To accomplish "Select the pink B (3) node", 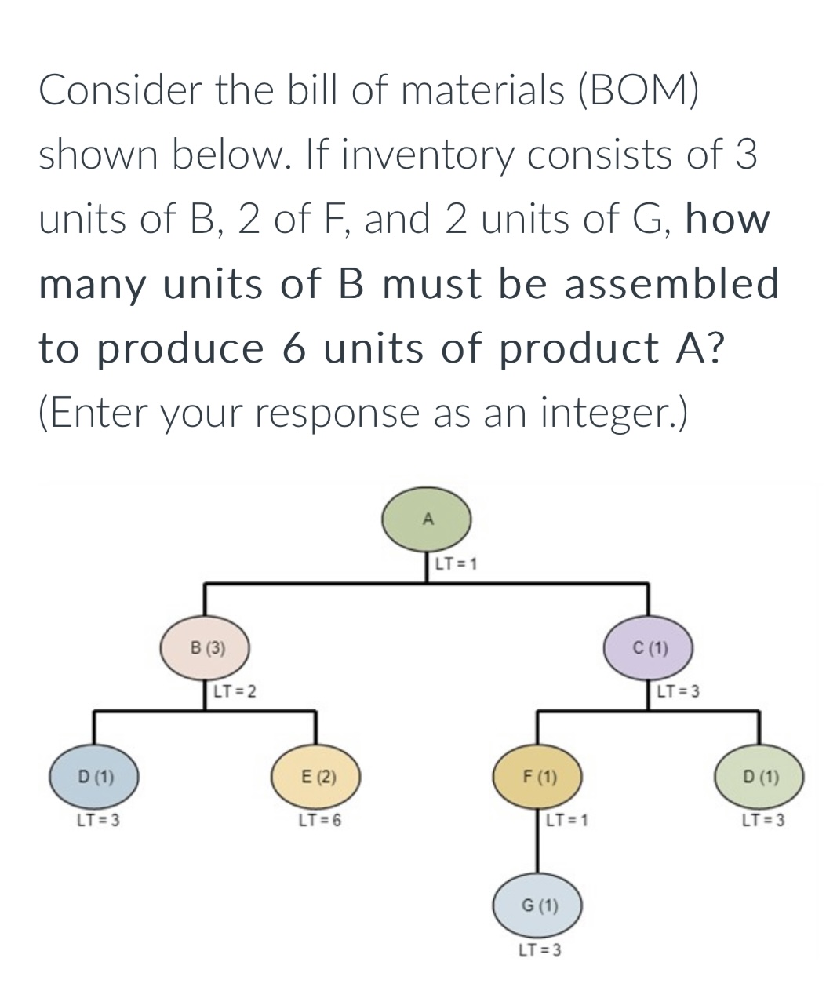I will tap(206, 648).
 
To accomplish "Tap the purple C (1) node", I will tap(649, 648).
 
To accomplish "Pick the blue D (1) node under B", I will tap(95, 778).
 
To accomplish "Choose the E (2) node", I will tap(316, 778).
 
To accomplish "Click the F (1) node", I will tap(537, 778).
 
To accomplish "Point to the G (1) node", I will tap(537, 905).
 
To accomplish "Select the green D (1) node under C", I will tap(759, 778).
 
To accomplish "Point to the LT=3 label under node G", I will tap(539, 950).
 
